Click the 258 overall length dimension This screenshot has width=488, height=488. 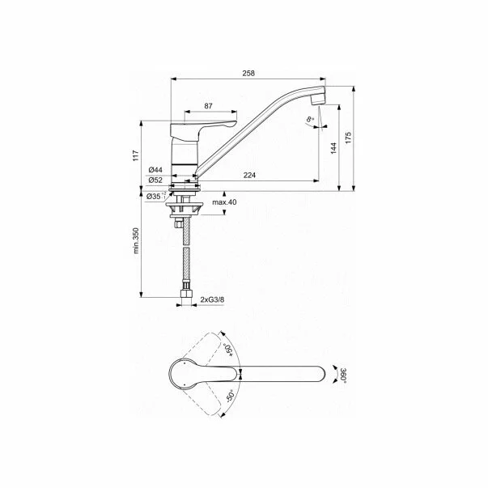pyautogui.click(x=248, y=73)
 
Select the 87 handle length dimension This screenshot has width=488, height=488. pyautogui.click(x=208, y=107)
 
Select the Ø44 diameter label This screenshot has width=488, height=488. pyautogui.click(x=155, y=170)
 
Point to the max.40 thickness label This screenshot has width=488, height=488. pyautogui.click(x=224, y=202)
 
